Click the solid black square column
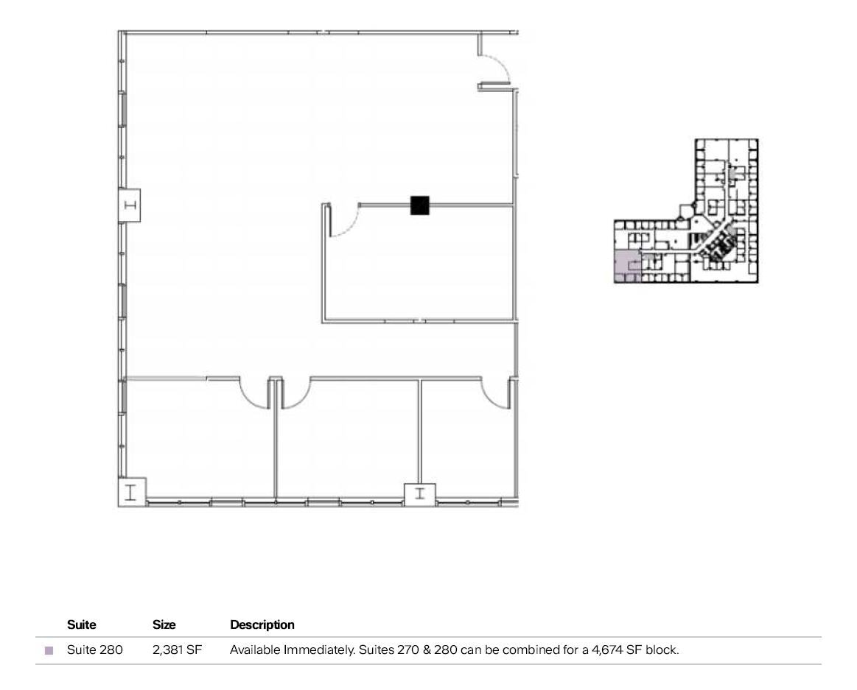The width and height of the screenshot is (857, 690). click(419, 205)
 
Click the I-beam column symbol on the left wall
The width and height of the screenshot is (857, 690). click(131, 205)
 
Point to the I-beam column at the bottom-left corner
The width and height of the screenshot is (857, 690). click(132, 491)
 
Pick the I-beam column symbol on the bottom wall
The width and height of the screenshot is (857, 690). click(420, 493)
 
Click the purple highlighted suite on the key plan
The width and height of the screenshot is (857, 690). click(626, 266)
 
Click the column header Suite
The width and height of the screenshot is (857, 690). click(82, 624)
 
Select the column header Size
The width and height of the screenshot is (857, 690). click(164, 624)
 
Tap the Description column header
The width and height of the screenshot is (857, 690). click(262, 624)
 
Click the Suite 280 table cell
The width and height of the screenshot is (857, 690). click(95, 651)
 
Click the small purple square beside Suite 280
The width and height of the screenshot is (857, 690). click(49, 651)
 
